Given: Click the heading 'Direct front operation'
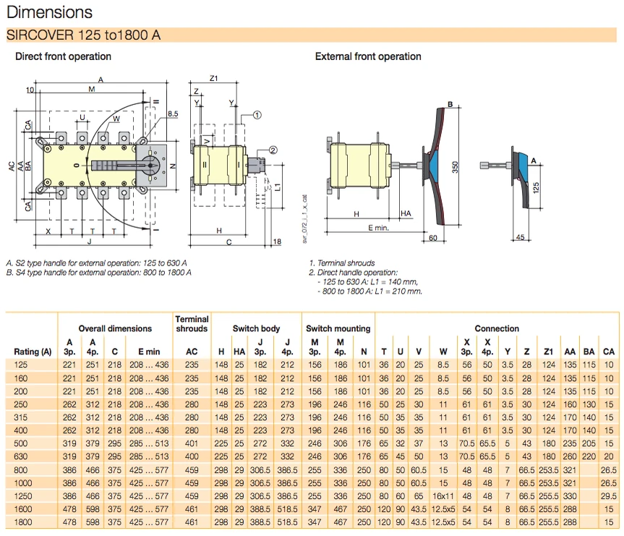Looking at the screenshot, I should tap(63, 56).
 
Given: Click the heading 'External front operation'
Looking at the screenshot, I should tap(367, 56).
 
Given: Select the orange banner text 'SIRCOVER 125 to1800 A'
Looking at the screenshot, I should tap(83, 35).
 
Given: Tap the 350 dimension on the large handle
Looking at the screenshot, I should tap(456, 166).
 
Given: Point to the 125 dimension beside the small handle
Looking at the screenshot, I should tap(536, 187).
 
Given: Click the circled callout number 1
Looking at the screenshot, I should tap(257, 114).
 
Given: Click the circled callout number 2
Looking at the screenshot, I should tap(273, 150).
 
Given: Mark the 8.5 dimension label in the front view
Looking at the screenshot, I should tap(172, 114).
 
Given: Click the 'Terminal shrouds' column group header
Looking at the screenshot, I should tap(192, 323).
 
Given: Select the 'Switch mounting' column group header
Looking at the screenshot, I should tap(338, 328).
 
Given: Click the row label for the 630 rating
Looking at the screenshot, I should tap(24, 456).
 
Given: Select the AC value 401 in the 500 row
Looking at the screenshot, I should tap(192, 443).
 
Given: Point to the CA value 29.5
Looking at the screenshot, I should tap(609, 495).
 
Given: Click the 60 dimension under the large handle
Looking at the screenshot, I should tap(432, 237).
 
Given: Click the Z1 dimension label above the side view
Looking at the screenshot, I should tap(214, 78).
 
